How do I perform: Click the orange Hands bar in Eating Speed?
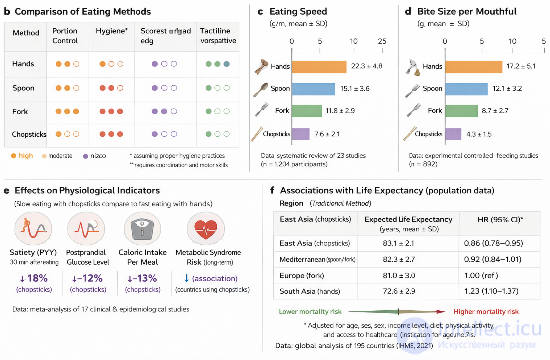[319, 66]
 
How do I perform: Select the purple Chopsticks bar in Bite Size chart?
[453, 134]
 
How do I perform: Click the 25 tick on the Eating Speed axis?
[382, 41]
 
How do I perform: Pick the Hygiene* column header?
[112, 31]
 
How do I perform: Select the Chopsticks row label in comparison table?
[30, 134]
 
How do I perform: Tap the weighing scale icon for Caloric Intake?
[142, 229]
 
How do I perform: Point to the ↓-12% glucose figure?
[87, 279]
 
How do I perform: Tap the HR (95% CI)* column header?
[499, 219]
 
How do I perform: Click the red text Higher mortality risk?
[486, 312]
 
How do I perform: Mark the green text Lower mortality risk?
[310, 312]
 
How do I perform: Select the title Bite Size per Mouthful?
[467, 11]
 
